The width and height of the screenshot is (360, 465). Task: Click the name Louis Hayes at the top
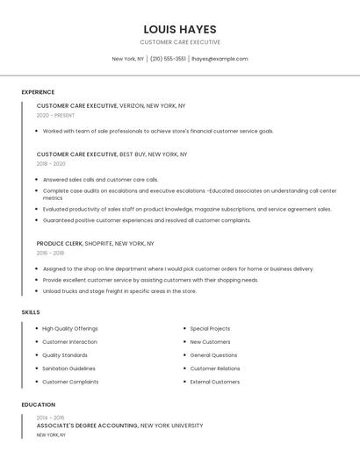pyautogui.click(x=180, y=29)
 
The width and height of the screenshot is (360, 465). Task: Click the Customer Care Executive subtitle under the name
pyautogui.click(x=180, y=42)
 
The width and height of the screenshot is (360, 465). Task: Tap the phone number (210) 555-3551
pyautogui.click(x=168, y=59)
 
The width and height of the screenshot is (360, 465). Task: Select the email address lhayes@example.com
pyautogui.click(x=220, y=59)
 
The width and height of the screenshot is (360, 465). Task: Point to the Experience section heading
pyautogui.click(x=38, y=92)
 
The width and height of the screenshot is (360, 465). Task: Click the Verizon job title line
pyautogui.click(x=111, y=105)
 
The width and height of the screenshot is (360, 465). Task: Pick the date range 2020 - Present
pyautogui.click(x=55, y=115)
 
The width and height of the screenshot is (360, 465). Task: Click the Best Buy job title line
pyautogui.click(x=112, y=154)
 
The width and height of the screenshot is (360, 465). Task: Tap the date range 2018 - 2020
pyautogui.click(x=51, y=164)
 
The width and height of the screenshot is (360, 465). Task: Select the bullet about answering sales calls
pyautogui.click(x=100, y=179)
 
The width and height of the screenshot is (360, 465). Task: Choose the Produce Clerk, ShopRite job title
pyautogui.click(x=95, y=243)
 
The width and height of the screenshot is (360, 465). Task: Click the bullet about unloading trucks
pyautogui.click(x=119, y=291)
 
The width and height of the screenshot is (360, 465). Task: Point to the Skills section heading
pyautogui.click(x=31, y=312)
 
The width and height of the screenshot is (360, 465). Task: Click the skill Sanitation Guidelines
pyautogui.click(x=68, y=368)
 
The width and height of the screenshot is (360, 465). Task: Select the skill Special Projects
pyautogui.click(x=210, y=328)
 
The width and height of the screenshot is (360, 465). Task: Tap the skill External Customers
pyautogui.click(x=214, y=382)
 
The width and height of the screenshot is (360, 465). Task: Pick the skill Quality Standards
pyautogui.click(x=65, y=355)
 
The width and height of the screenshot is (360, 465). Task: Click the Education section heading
pyautogui.click(x=38, y=404)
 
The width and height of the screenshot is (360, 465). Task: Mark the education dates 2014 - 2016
pyautogui.click(x=50, y=418)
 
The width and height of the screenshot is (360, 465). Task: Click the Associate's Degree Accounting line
pyautogui.click(x=119, y=426)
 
